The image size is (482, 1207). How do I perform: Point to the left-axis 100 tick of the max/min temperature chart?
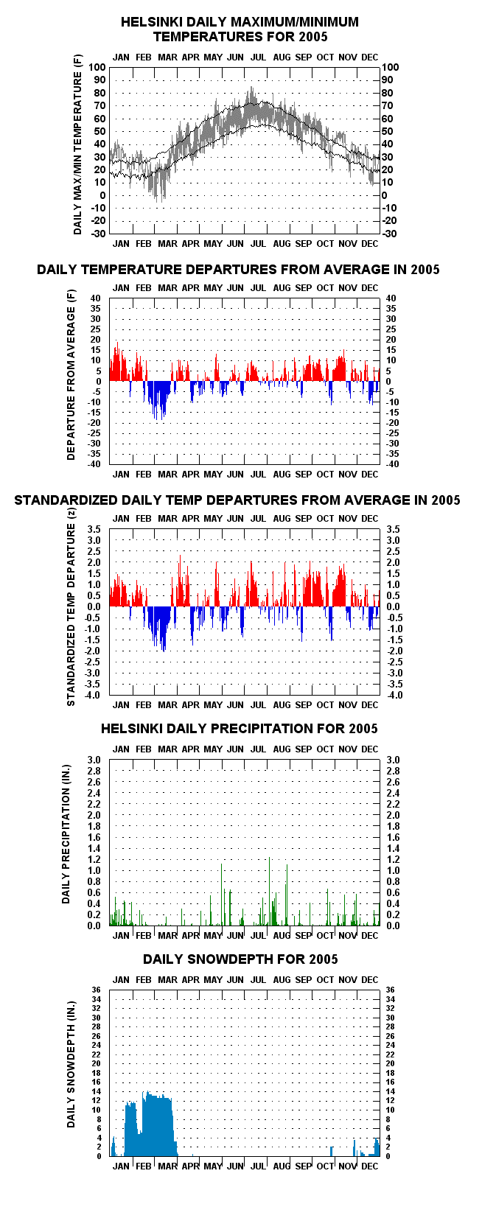97,67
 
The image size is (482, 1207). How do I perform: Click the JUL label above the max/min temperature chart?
258,57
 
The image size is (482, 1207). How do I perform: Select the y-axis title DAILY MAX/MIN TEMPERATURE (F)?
78,144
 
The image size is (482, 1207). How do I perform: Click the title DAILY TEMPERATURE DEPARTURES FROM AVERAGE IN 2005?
238,270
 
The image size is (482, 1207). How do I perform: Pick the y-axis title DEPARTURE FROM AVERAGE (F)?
71,375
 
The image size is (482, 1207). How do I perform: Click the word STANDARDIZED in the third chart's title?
66,500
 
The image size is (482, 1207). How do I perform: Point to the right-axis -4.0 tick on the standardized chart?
394,695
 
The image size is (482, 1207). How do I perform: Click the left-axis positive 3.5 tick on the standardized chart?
94,529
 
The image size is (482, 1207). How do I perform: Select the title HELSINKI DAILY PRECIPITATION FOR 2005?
240,729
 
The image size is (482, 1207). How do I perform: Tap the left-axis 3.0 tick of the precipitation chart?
94,760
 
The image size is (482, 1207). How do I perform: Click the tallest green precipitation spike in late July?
270,891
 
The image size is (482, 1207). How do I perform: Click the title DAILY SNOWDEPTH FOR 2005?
240,959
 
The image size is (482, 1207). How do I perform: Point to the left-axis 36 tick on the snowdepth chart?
97,990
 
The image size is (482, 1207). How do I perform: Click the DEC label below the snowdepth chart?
370,1166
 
